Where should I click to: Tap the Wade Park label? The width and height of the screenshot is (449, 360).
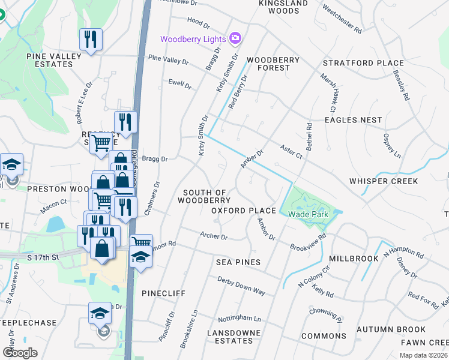coord(307,214)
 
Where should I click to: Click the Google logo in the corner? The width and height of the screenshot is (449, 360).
coord(20,352)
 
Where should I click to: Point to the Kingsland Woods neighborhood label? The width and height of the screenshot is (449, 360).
coord(279,7)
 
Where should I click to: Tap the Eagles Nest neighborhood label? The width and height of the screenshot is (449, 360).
coord(353,120)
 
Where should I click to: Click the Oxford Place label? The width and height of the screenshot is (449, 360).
coord(243,211)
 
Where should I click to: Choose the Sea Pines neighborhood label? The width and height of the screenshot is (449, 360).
coord(238,262)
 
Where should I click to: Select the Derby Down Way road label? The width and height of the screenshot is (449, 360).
coord(241,286)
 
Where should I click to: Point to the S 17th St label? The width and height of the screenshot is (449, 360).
coord(44,257)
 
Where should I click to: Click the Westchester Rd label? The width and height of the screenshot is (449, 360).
coord(342,19)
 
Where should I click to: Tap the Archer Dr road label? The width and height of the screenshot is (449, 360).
coord(214,236)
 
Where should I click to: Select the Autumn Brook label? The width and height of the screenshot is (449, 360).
coord(391,329)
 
